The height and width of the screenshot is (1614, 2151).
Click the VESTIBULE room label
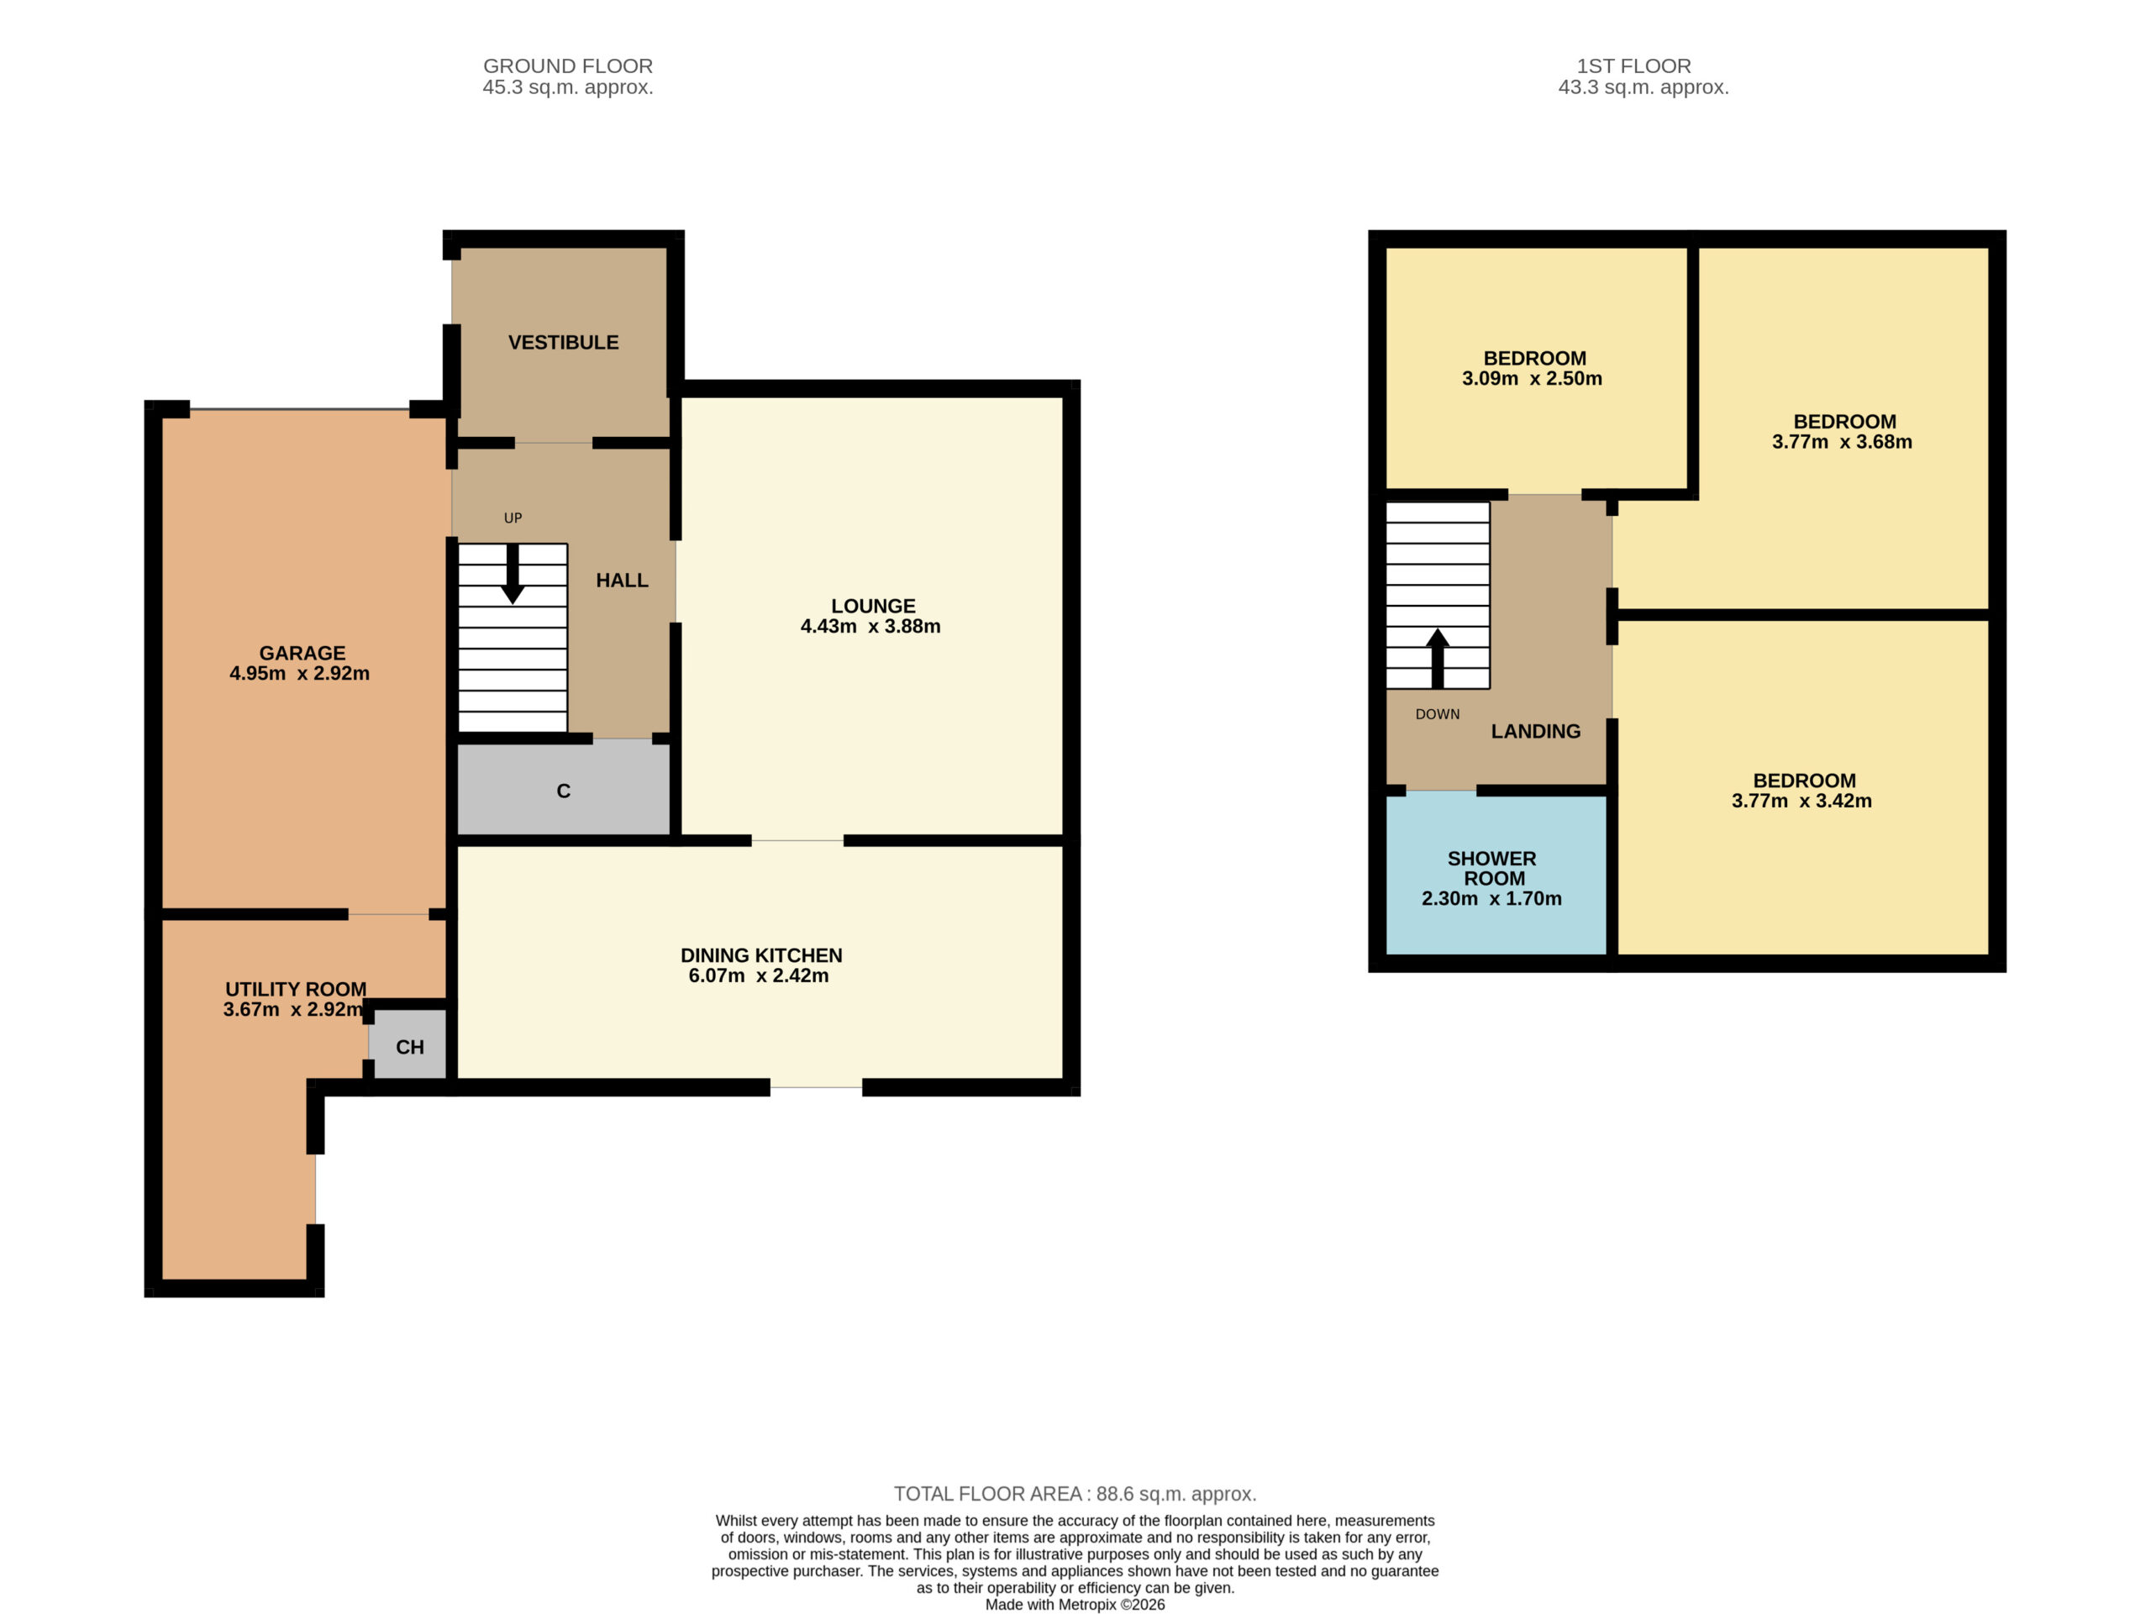click(563, 342)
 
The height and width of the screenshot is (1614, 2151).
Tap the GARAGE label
click(302, 654)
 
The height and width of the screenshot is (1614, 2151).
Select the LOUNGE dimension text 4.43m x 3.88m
click(870, 626)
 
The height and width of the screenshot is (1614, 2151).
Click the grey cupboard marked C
click(563, 789)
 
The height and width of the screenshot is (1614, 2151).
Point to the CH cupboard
click(408, 1044)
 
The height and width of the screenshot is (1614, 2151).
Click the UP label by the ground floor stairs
click(513, 518)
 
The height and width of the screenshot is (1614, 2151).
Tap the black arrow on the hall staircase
click(513, 574)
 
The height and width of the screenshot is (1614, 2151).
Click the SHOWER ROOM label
click(1492, 868)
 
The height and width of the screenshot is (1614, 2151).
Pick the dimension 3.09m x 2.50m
click(1532, 379)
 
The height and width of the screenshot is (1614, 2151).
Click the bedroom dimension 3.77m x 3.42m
click(1801, 802)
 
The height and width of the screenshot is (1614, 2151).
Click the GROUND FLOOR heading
click(568, 66)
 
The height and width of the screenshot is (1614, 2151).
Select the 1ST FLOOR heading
click(1633, 66)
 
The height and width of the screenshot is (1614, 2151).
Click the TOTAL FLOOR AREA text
click(1075, 1494)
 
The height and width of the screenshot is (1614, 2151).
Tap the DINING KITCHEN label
click(761, 956)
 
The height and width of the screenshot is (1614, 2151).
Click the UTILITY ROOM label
click(296, 989)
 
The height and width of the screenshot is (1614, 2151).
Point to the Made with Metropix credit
click(1075, 1604)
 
